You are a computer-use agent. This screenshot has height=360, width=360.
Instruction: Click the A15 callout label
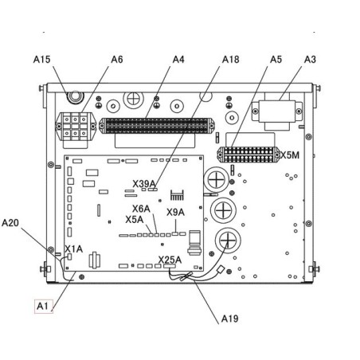click(x=41, y=60)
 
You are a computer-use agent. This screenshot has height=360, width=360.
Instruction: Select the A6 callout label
click(x=117, y=60)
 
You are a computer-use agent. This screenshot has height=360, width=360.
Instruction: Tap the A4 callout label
click(x=178, y=60)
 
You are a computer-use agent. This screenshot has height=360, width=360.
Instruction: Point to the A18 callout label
click(x=230, y=60)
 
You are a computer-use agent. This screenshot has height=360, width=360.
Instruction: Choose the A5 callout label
click(x=276, y=60)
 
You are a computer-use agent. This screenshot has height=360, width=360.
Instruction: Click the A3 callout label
click(x=310, y=60)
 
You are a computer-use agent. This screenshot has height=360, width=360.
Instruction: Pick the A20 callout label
click(x=10, y=223)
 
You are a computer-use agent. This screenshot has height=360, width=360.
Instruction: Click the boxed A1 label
click(x=44, y=306)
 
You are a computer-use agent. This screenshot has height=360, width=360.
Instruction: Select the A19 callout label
click(x=229, y=319)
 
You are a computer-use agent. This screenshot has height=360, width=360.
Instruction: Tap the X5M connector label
click(x=290, y=155)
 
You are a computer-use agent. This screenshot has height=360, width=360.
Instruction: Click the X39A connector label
click(x=144, y=184)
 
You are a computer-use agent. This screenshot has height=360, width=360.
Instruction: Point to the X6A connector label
click(x=141, y=209)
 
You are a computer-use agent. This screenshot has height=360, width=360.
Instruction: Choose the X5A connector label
click(x=135, y=220)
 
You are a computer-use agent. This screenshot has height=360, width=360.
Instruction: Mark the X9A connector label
click(x=175, y=213)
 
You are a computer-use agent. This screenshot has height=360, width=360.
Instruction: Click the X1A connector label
click(x=74, y=249)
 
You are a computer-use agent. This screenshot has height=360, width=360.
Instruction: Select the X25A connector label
click(x=170, y=260)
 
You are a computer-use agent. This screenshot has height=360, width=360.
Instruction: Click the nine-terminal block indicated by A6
click(x=76, y=127)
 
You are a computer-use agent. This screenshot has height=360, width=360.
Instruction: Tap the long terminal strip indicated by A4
click(x=157, y=126)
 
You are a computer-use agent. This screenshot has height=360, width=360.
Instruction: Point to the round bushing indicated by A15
click(x=76, y=97)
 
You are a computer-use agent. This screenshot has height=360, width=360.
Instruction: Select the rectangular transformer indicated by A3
click(x=277, y=112)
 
